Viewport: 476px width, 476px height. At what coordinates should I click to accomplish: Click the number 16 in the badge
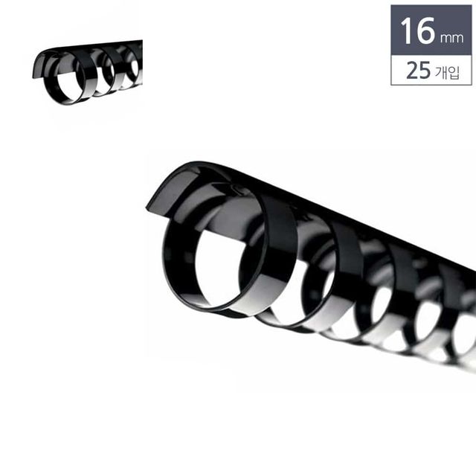pyautogui.click(x=417, y=30)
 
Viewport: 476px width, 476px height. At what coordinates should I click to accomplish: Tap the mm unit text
pyautogui.click(x=451, y=38)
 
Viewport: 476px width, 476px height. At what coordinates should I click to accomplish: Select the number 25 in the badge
pyautogui.click(x=418, y=70)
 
